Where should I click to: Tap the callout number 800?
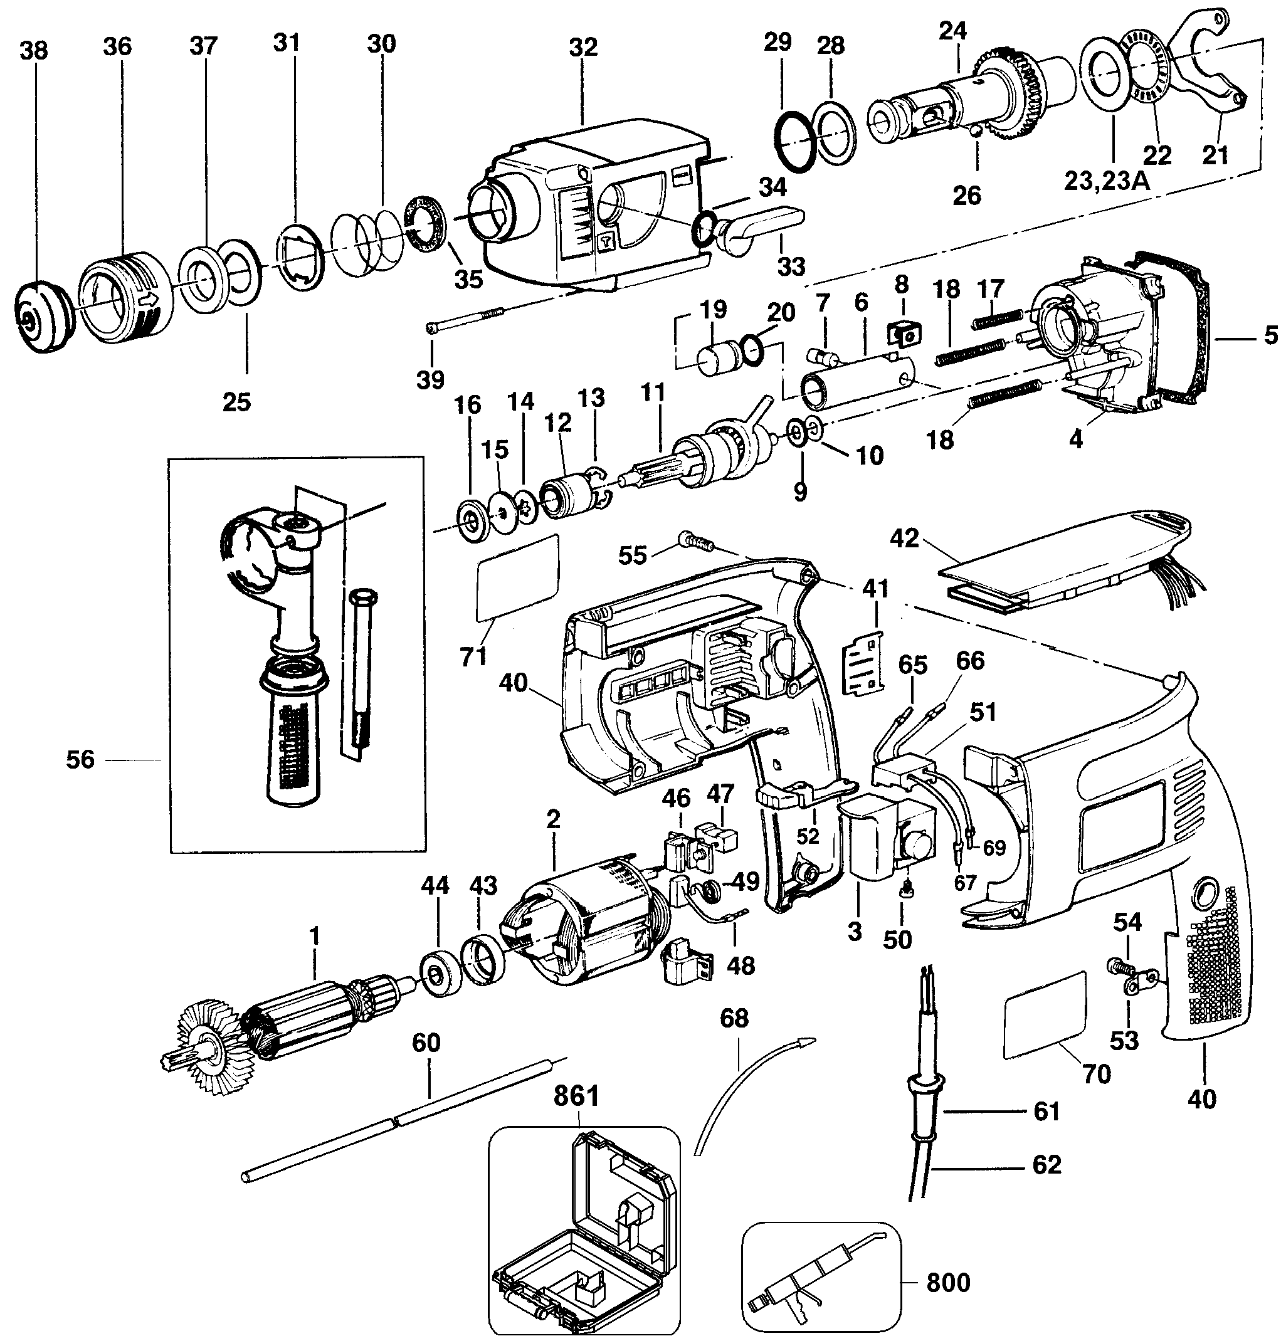tap(948, 1282)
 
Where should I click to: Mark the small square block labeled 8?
tap(904, 334)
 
